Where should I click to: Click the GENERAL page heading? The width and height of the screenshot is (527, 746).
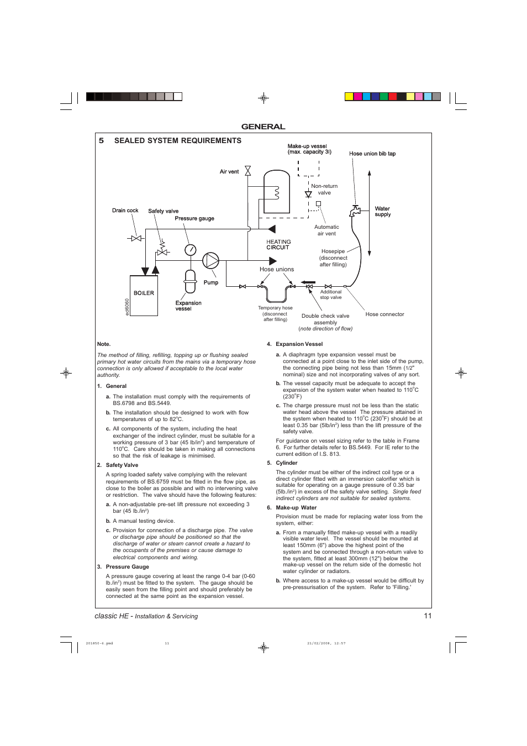[263, 127]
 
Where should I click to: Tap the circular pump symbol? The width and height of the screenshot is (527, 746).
[210, 260]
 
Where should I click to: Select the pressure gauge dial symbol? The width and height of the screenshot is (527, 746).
[190, 250]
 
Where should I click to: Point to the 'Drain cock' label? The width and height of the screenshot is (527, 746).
[125, 211]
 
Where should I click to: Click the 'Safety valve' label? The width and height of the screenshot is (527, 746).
[163, 211]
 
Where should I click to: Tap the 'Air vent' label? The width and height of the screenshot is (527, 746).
[229, 172]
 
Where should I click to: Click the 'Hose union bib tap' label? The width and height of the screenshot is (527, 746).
[372, 154]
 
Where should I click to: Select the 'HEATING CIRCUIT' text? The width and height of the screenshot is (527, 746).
[278, 245]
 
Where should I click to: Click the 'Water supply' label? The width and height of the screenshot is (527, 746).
[382, 212]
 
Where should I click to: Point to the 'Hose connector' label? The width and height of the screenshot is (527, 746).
[384, 314]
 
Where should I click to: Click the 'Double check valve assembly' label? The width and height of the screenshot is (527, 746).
[325, 319]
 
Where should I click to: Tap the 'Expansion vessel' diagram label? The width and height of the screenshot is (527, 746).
[188, 306]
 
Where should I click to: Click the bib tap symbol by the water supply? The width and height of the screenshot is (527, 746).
[355, 211]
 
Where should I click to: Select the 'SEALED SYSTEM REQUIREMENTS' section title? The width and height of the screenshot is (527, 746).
[177, 141]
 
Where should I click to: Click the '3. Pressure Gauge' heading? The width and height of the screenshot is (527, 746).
[127, 567]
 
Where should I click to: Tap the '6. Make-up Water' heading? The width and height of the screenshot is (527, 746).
[296, 508]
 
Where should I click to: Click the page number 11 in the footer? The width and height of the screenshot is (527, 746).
[427, 616]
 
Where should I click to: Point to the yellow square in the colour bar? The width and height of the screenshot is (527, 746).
[349, 97]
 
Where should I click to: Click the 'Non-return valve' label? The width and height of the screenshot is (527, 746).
[324, 190]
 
